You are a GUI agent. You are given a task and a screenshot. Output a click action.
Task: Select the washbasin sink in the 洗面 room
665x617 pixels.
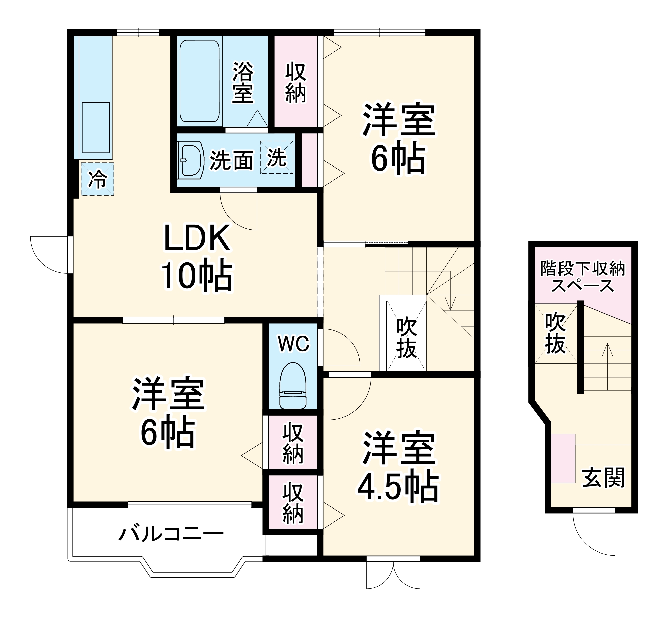coord(191,160)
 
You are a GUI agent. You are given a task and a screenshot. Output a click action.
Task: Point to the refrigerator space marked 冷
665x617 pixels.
coord(97,179)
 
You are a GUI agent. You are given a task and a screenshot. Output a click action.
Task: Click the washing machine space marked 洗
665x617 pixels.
coord(276,157)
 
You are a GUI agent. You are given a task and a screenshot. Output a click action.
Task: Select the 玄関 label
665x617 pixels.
coord(603,477)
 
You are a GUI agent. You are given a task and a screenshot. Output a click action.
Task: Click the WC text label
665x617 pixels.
coord(294,343)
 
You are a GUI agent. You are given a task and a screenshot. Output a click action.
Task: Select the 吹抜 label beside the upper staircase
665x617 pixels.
coord(406,338)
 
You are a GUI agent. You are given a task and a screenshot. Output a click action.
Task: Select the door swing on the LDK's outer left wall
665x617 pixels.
coord(50,254)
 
